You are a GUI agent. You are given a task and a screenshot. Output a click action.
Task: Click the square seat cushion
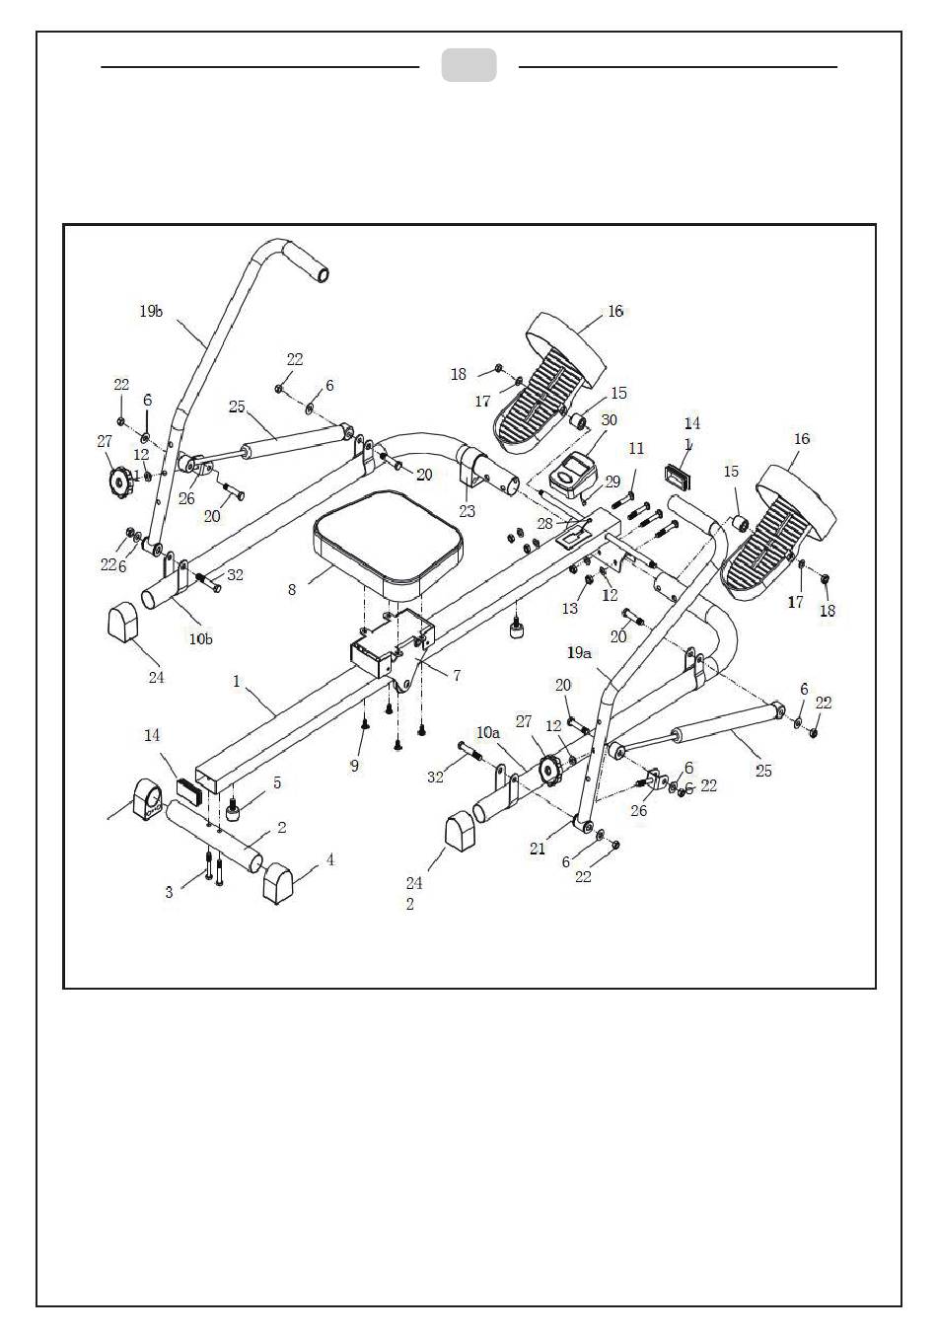click(x=388, y=554)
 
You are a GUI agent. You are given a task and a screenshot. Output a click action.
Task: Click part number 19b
click(x=151, y=311)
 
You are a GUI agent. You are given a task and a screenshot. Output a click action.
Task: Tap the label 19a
click(x=579, y=652)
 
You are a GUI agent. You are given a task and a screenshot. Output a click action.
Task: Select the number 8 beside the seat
click(x=292, y=590)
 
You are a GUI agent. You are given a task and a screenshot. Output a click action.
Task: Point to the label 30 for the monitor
click(x=609, y=419)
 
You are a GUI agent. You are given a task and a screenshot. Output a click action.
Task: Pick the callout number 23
click(x=467, y=511)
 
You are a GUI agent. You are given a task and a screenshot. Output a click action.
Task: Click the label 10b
click(x=200, y=638)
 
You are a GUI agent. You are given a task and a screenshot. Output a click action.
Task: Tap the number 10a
click(x=488, y=732)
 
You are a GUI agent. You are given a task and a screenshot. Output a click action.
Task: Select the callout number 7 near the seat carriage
click(x=457, y=675)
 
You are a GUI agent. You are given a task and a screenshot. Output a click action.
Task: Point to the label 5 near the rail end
click(x=277, y=782)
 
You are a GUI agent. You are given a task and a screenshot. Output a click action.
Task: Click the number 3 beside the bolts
click(x=170, y=892)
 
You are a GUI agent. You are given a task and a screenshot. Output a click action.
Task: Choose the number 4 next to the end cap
click(x=330, y=859)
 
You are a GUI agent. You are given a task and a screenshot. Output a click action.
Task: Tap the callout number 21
click(x=538, y=848)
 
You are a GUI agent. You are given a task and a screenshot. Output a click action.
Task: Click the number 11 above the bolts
click(x=636, y=448)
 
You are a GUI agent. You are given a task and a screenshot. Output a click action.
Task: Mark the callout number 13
click(x=570, y=608)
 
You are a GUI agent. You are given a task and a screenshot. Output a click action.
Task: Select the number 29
click(x=613, y=482)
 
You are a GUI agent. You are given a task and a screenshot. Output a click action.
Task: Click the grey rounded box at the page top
click(x=468, y=65)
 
